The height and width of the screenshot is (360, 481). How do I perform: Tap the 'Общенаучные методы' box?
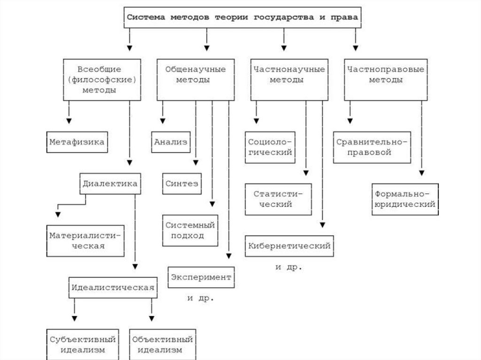[195, 79]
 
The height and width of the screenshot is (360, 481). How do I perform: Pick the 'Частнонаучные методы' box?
[289, 79]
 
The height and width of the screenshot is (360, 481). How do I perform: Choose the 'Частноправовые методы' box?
[386, 79]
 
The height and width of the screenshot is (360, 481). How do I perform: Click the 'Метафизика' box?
[77, 141]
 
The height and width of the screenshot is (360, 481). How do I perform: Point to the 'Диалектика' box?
[110, 184]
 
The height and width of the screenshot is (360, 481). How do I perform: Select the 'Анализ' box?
[170, 141]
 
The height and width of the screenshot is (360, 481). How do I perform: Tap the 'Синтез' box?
[182, 184]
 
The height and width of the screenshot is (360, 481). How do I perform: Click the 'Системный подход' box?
[190, 230]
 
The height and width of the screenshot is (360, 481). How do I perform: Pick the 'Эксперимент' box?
[201, 277]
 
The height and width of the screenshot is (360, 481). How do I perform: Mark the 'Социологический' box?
[270, 147]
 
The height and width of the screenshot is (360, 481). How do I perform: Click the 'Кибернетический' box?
[289, 245]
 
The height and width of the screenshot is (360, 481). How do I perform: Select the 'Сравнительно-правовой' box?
[371, 147]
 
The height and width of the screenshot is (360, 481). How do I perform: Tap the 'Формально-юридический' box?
[404, 199]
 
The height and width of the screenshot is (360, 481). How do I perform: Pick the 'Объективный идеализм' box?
[163, 345]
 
